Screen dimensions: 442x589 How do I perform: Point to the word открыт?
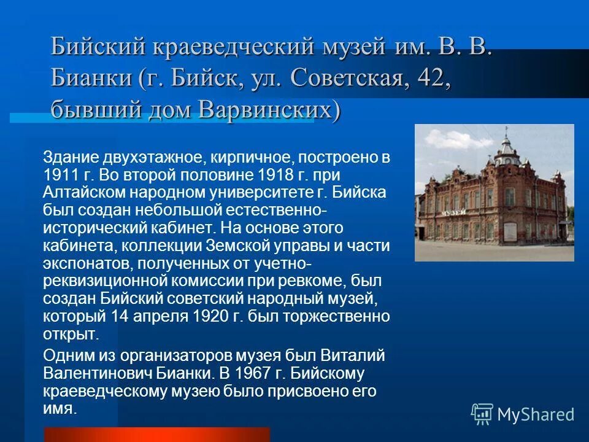point(69,335)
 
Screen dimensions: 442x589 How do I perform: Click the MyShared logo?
point(523,414)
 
